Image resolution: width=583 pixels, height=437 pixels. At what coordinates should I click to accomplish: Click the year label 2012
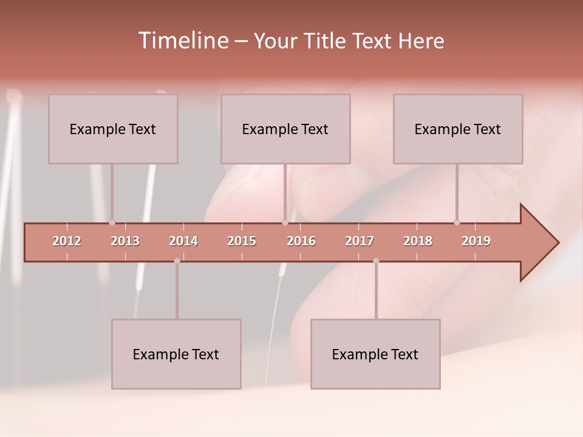(x=67, y=241)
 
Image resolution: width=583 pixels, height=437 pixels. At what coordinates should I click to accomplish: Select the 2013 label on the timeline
(x=125, y=241)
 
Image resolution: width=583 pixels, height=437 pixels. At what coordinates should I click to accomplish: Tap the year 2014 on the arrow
(x=183, y=241)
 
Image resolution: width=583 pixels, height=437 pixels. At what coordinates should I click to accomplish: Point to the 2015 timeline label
(x=242, y=241)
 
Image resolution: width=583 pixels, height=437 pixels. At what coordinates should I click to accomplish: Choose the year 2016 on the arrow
(x=301, y=241)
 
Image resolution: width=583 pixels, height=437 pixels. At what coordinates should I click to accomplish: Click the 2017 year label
(x=360, y=241)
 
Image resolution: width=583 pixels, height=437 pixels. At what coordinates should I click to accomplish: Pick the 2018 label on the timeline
(x=418, y=241)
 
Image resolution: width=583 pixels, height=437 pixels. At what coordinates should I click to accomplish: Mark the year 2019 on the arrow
(x=476, y=241)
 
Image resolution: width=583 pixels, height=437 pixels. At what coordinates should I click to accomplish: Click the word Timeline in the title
(x=182, y=41)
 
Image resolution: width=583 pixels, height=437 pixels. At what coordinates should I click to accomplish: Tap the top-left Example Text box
(x=113, y=129)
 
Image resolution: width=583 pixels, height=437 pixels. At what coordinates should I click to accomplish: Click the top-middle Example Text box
(x=285, y=129)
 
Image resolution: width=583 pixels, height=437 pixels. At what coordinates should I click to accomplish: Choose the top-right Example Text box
(x=458, y=129)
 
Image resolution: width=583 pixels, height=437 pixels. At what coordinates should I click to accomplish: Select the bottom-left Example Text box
(x=176, y=354)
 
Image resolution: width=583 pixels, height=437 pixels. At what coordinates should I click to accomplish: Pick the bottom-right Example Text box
(x=375, y=354)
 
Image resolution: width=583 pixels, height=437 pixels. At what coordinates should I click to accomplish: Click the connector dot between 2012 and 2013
(x=112, y=222)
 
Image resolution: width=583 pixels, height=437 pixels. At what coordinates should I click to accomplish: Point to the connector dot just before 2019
(x=457, y=222)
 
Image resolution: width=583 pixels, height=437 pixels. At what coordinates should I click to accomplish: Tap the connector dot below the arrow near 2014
(x=177, y=261)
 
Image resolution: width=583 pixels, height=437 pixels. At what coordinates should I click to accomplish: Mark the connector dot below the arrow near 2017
(x=376, y=261)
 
